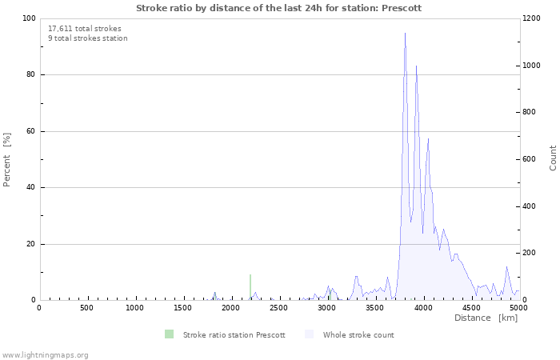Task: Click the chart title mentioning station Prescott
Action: [x=278, y=8]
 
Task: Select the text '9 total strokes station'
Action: [x=87, y=38]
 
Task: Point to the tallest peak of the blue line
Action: [x=405, y=34]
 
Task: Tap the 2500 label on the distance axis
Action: [x=278, y=308]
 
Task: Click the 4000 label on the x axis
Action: [x=422, y=308]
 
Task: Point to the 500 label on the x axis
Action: [x=86, y=308]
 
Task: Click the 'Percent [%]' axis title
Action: [x=7, y=159]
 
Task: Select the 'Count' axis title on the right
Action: [x=553, y=158]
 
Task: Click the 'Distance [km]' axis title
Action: [x=486, y=318]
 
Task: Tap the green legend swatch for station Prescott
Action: [x=169, y=334]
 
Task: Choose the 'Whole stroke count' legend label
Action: [x=358, y=335]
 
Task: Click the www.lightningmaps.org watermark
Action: [x=46, y=354]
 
